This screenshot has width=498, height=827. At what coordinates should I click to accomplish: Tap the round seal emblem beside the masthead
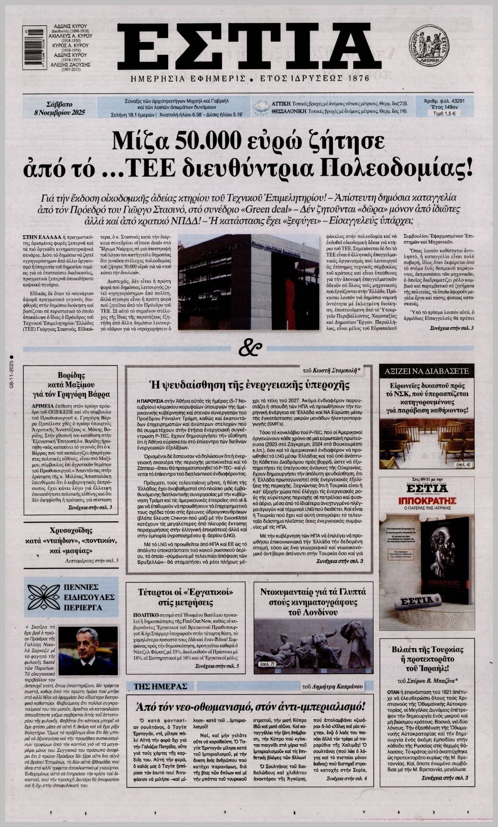click(x=429, y=46)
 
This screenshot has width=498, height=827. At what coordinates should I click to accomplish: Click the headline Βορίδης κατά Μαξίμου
click(x=71, y=384)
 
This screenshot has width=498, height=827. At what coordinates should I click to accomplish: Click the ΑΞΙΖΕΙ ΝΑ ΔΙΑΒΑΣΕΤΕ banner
click(x=426, y=371)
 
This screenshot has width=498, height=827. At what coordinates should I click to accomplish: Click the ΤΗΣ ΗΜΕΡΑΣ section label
click(x=161, y=686)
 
